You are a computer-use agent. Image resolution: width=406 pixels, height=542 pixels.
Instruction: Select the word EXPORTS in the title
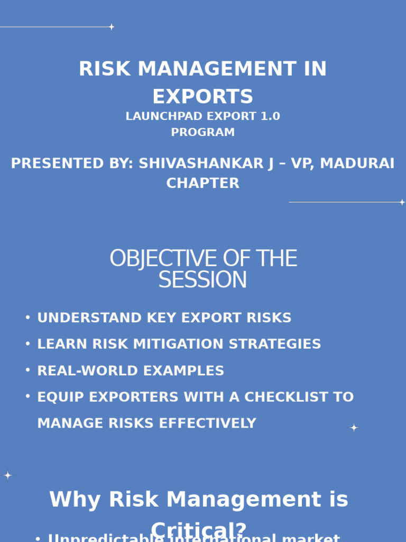coord(203,97)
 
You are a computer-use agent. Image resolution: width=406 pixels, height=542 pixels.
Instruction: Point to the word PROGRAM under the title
coord(203,132)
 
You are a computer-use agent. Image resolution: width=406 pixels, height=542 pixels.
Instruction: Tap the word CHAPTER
coord(203,183)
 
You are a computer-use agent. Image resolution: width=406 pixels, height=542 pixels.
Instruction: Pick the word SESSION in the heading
coord(203,280)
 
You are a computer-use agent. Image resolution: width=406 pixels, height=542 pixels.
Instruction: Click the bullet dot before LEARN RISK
coord(27,344)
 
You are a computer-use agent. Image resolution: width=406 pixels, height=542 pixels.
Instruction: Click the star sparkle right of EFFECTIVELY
coord(354,427)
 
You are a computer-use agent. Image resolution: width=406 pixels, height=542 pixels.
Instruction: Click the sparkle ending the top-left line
coord(112,26)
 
